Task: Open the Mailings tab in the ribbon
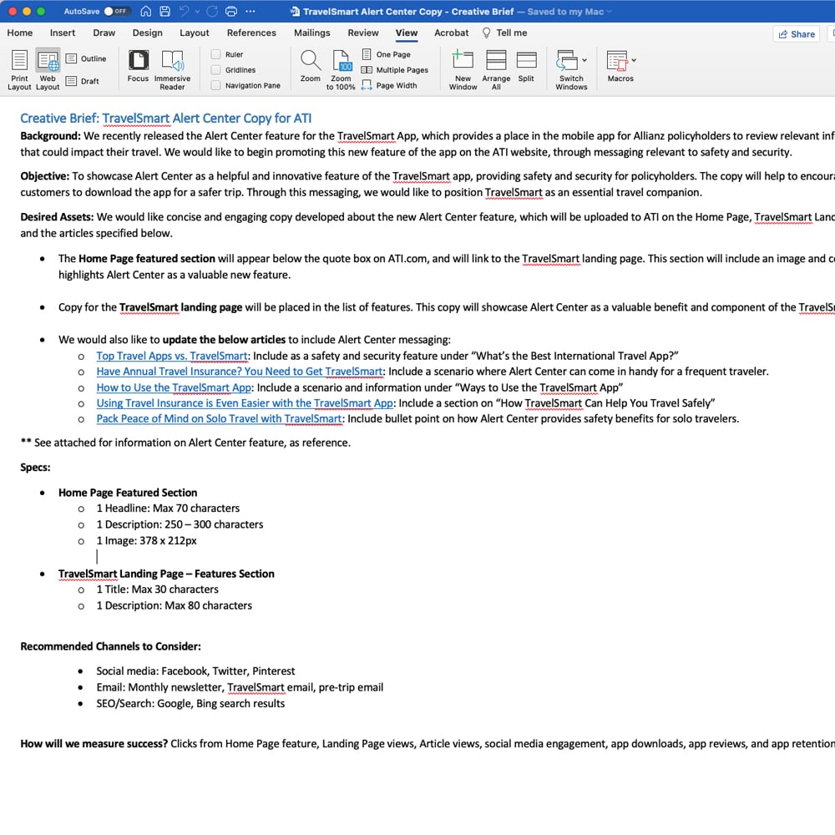pos(311,33)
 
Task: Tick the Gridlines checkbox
pos(216,70)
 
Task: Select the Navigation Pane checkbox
pos(216,85)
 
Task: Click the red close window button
pos(11,12)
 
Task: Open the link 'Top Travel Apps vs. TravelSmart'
pos(172,356)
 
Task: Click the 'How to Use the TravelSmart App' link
pos(174,387)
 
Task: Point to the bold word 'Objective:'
pos(45,176)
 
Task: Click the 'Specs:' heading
pos(35,468)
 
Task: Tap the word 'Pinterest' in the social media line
pos(272,671)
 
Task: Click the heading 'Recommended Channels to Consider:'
pos(110,646)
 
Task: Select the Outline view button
pos(86,58)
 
